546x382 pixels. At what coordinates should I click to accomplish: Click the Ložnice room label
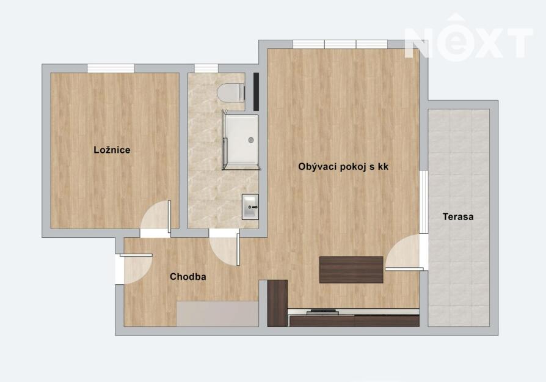[112, 150]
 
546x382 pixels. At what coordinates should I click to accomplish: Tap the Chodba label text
[187, 277]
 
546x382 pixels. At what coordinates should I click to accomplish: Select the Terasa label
[458, 217]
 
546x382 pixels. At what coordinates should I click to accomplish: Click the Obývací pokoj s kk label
[343, 167]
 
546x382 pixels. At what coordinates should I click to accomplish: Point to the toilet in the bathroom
[230, 93]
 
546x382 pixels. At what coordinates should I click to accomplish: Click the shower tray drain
[251, 140]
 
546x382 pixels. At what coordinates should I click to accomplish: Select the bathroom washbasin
[250, 207]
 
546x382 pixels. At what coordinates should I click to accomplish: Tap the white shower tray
[241, 142]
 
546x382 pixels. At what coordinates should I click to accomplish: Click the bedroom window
[111, 68]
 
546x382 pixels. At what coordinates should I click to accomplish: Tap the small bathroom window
[206, 68]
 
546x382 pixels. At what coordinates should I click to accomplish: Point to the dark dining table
[351, 270]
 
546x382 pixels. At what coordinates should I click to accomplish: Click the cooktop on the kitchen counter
[322, 312]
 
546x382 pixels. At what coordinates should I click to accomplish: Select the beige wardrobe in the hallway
[217, 314]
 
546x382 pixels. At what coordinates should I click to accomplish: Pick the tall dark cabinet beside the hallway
[277, 303]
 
